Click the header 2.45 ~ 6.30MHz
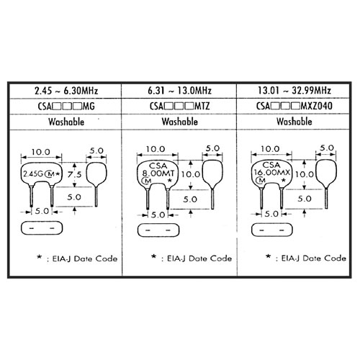tap(66, 91)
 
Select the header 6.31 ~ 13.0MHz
tap(179, 91)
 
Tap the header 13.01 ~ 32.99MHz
tap(294, 91)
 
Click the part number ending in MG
tap(66, 107)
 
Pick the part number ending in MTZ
tap(179, 106)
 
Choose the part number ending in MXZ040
tap(294, 106)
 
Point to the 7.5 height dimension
tap(74, 174)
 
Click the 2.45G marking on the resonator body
tap(32, 174)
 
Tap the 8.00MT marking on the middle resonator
tap(158, 173)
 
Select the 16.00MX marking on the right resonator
tap(272, 172)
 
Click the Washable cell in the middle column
tap(179, 122)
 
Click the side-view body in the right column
tap(326, 173)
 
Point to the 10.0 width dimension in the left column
tap(41, 152)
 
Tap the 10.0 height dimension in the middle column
tap(191, 174)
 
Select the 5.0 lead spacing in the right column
tap(271, 214)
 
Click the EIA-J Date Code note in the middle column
tap(199, 258)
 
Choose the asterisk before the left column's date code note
tap(39, 257)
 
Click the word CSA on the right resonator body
tap(271, 165)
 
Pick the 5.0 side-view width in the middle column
tap(212, 148)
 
